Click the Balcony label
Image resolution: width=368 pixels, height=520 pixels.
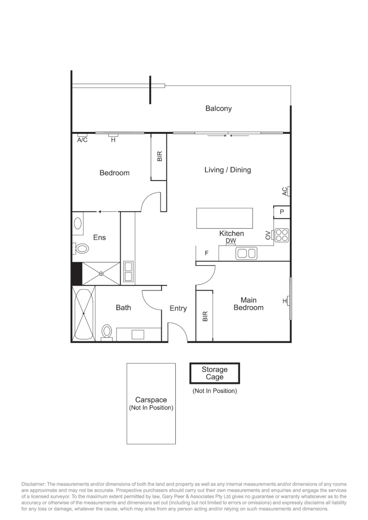pyautogui.click(x=218, y=109)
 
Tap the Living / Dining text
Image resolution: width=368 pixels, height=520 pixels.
pyautogui.click(x=227, y=170)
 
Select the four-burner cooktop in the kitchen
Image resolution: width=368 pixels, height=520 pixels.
pyautogui.click(x=282, y=235)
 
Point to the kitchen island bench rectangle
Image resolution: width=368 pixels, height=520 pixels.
pyautogui.click(x=224, y=218)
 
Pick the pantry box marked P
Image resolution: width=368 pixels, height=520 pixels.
pyautogui.click(x=282, y=212)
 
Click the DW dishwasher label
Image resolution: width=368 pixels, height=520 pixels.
pyautogui.click(x=231, y=241)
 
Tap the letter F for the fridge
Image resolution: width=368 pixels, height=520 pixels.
pyautogui.click(x=207, y=253)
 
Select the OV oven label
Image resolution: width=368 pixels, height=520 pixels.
pyautogui.click(x=268, y=235)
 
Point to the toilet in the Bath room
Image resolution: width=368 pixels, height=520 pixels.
pyautogui.click(x=107, y=332)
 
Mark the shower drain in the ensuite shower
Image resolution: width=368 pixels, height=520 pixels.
pyautogui.click(x=101, y=273)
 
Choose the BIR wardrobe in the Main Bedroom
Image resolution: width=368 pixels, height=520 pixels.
pyautogui.click(x=204, y=316)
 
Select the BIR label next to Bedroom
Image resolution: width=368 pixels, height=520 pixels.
pyautogui.click(x=159, y=156)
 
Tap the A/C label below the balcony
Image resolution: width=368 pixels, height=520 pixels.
pyautogui.click(x=82, y=140)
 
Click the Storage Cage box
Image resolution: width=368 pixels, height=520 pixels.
pyautogui.click(x=214, y=373)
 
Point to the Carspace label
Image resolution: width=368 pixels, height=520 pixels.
pyautogui.click(x=151, y=400)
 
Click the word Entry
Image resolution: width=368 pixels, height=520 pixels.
pyautogui.click(x=178, y=309)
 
